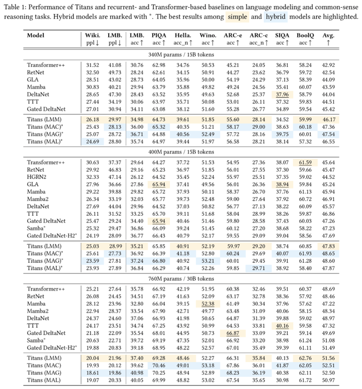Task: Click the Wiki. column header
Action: coord(93,35)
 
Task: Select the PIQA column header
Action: coord(159,35)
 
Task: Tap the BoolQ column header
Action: coord(304,35)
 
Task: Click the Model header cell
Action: coord(35,35)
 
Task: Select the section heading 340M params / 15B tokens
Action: coord(181,54)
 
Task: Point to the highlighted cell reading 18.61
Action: coord(93,371)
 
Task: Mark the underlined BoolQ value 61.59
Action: coord(304,162)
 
